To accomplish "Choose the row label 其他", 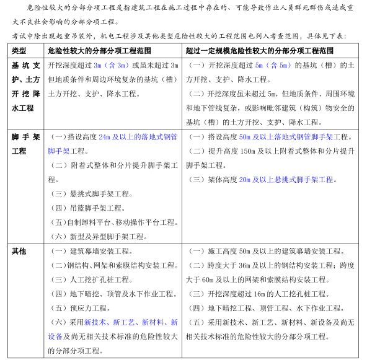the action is pyautogui.click(x=19, y=251).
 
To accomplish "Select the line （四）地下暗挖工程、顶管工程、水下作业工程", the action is pyautogui.click(x=266, y=308).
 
